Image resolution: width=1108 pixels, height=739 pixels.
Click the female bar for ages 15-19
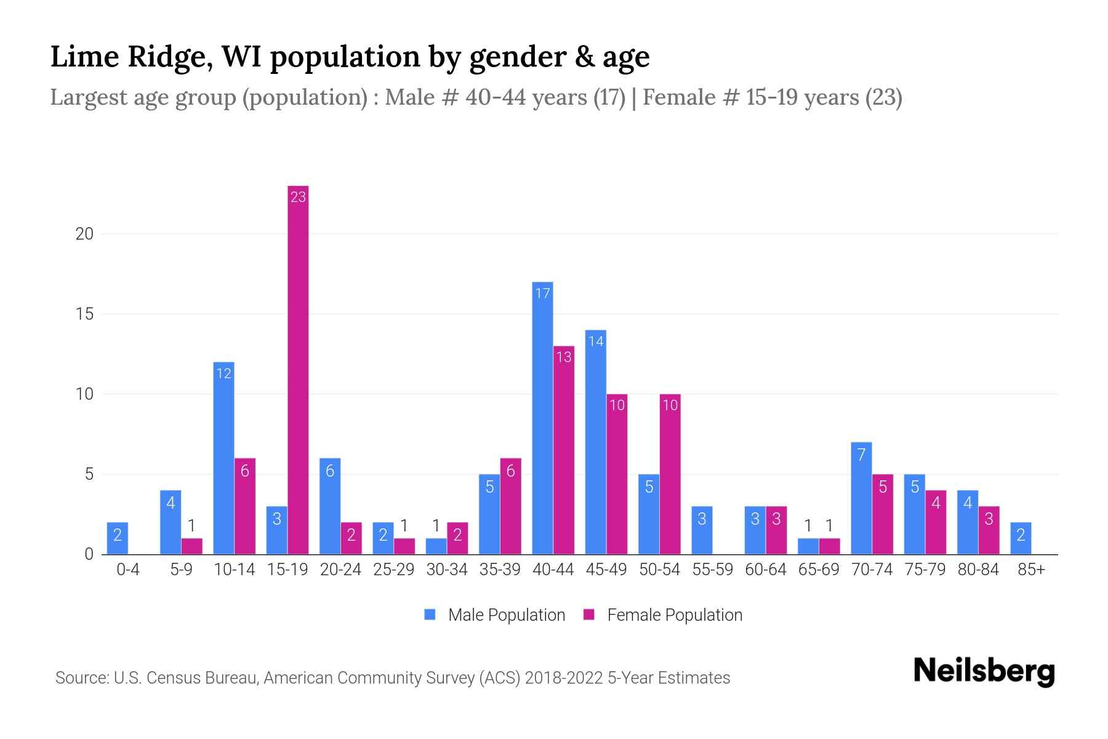coord(298,369)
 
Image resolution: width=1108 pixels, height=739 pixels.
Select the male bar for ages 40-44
coord(542,419)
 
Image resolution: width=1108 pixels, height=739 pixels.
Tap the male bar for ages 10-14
coord(223,459)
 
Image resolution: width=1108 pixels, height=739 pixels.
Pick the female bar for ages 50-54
coord(670,474)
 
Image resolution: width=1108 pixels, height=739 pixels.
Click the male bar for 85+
coord(1021,538)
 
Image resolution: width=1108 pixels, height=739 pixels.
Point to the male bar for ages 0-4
coord(117,538)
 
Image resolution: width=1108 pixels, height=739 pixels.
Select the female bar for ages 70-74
coord(882,514)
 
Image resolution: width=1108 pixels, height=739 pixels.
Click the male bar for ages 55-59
coord(702,530)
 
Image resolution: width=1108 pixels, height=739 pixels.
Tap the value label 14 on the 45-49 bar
coord(596,341)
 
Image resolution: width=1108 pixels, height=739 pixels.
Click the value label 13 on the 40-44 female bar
coord(564,357)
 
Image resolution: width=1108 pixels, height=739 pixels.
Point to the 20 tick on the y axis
coord(84,234)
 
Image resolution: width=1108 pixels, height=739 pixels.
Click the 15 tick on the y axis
coord(84,314)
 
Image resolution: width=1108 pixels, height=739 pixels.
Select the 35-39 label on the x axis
coord(500,570)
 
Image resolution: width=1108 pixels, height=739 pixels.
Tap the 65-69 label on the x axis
coord(819,570)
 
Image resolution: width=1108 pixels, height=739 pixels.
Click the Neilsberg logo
coord(984,671)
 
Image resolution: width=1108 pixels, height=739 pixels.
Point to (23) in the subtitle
coord(883,97)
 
